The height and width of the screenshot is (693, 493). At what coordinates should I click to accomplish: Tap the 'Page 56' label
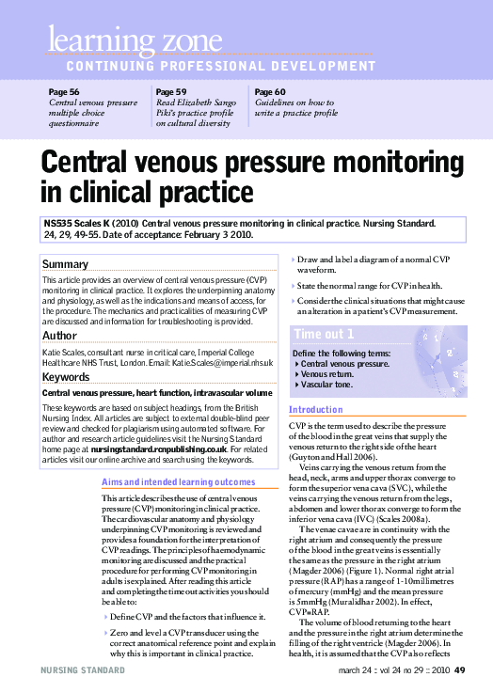pyautogui.click(x=63, y=92)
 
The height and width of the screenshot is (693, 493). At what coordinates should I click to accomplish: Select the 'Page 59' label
pyautogui.click(x=170, y=92)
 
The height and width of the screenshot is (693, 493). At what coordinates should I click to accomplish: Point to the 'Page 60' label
pyautogui.click(x=270, y=92)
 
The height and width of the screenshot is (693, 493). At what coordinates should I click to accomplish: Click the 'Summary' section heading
pyautogui.click(x=66, y=264)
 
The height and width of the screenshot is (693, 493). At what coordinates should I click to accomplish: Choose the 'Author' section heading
pyautogui.click(x=59, y=335)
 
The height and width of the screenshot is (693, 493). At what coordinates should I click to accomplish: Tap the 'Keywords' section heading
pyautogui.click(x=66, y=377)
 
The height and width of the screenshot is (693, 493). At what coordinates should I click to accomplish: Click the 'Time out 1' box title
pyautogui.click(x=324, y=334)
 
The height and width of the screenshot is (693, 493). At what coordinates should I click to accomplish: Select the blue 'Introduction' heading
pyautogui.click(x=316, y=409)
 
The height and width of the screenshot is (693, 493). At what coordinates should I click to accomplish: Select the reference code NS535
pyautogui.click(x=57, y=224)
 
